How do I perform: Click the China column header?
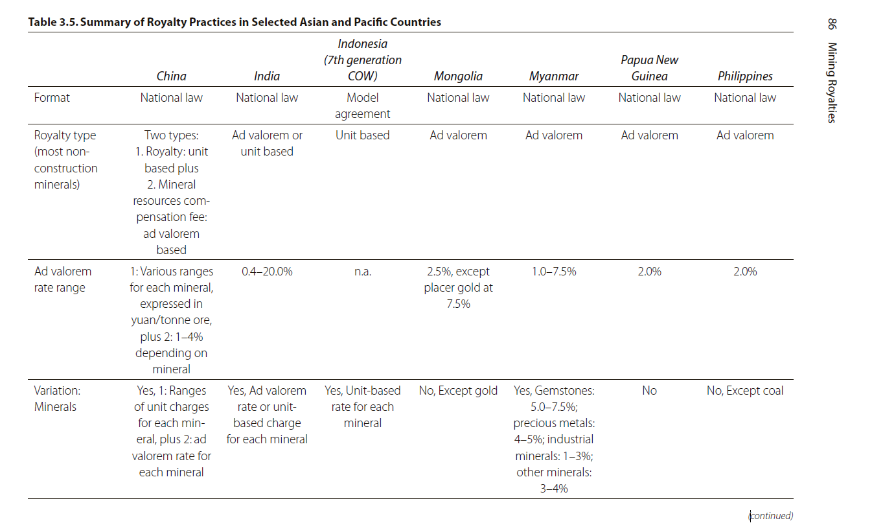click(171, 76)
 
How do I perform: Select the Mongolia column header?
click(458, 76)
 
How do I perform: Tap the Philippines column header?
click(745, 76)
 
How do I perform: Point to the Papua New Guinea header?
click(649, 68)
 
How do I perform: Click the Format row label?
click(52, 97)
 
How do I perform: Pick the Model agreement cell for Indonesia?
click(362, 106)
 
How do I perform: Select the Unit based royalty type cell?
click(362, 135)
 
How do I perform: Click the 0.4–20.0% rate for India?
click(267, 271)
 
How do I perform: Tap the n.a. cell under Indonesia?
click(363, 272)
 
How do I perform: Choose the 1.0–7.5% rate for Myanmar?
click(554, 271)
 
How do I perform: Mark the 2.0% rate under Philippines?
click(745, 271)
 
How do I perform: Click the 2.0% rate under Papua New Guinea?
click(649, 271)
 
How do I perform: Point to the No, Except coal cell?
click(745, 390)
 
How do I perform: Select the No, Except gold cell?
click(458, 390)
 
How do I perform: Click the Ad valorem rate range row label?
click(63, 279)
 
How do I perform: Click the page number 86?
click(832, 24)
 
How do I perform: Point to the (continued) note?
click(771, 515)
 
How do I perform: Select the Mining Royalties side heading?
click(832, 82)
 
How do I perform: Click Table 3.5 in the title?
click(53, 22)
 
